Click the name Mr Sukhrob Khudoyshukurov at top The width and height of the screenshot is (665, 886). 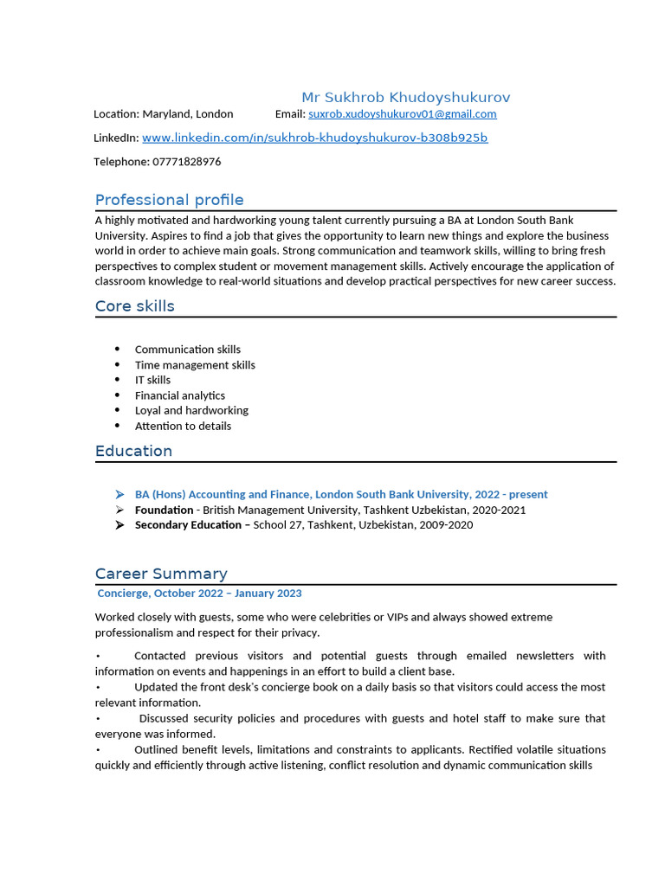(x=405, y=97)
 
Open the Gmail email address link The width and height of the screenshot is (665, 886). (x=403, y=114)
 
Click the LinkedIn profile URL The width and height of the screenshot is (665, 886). (x=314, y=138)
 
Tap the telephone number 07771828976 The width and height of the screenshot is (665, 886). (x=186, y=162)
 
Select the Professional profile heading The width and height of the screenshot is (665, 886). (x=170, y=200)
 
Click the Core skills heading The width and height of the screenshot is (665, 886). (x=135, y=306)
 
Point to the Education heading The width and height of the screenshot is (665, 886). (x=133, y=451)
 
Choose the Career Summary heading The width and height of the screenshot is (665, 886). (x=161, y=574)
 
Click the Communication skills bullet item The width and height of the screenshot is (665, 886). (x=188, y=350)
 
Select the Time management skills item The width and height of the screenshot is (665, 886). (x=195, y=365)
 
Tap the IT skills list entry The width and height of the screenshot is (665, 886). (x=152, y=380)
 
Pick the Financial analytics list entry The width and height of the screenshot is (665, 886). (x=180, y=395)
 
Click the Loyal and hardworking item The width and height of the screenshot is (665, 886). (x=191, y=410)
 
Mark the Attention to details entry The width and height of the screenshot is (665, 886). (x=183, y=426)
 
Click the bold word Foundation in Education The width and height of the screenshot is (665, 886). (x=164, y=510)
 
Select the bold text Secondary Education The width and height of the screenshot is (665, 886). (x=188, y=525)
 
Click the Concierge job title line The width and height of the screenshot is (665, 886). (x=200, y=594)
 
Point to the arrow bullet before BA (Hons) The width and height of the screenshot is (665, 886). (x=119, y=494)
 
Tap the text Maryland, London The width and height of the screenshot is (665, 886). (x=188, y=114)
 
